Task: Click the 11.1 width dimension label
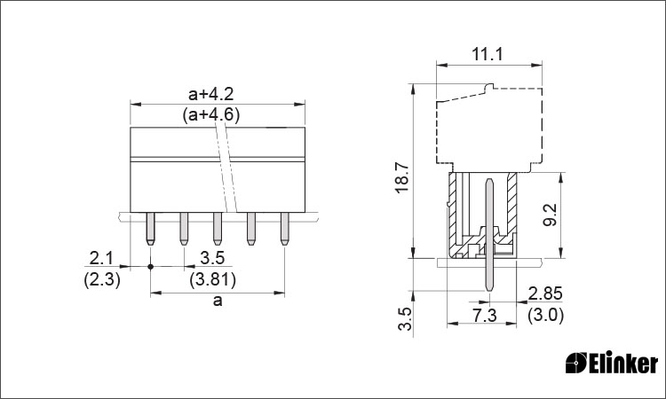click(488, 54)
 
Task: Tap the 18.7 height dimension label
click(401, 177)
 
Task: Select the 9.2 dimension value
click(550, 215)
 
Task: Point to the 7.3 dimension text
click(485, 316)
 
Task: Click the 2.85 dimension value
click(545, 293)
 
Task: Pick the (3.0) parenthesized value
click(545, 316)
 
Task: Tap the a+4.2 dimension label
click(211, 94)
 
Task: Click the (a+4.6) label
click(211, 115)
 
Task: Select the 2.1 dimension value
click(101, 258)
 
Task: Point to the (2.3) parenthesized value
click(102, 280)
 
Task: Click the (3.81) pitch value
click(213, 280)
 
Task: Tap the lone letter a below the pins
click(218, 301)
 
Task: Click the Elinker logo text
click(623, 363)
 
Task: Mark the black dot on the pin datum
click(150, 266)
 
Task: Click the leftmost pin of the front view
click(150, 229)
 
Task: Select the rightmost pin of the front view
click(284, 229)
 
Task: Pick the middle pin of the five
click(218, 229)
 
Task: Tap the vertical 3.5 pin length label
click(406, 319)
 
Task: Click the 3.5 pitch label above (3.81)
click(212, 258)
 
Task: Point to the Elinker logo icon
click(576, 363)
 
